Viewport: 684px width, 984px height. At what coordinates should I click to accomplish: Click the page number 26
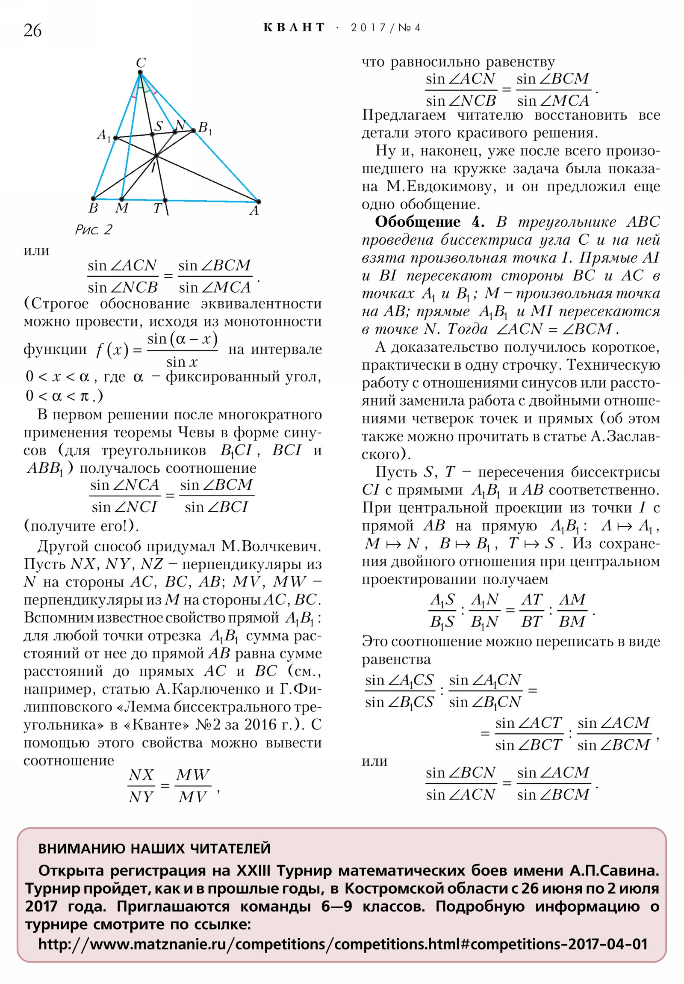[32, 30]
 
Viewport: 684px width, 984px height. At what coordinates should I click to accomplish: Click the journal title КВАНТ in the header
[294, 28]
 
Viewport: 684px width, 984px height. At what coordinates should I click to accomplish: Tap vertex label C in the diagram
[141, 62]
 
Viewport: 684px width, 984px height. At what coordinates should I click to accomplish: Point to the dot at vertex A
[258, 202]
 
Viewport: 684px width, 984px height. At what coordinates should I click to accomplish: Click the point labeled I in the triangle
[157, 155]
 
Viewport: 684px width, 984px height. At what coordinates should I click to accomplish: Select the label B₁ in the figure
[205, 128]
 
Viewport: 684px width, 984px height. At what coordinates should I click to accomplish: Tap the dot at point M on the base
[122, 199]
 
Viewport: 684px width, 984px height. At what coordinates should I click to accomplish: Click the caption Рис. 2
[93, 230]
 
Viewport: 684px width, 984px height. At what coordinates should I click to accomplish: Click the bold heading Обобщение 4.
[430, 222]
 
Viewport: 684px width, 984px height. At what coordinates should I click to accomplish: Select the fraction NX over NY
[141, 785]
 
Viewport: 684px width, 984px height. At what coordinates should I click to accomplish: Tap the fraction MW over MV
[193, 785]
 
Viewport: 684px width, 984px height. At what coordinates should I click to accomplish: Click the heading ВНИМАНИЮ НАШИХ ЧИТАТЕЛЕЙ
[154, 848]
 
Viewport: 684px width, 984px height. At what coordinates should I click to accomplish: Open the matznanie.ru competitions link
[343, 944]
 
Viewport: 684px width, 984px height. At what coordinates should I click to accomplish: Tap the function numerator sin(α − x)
[183, 340]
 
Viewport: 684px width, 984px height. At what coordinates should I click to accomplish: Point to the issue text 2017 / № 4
[386, 28]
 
